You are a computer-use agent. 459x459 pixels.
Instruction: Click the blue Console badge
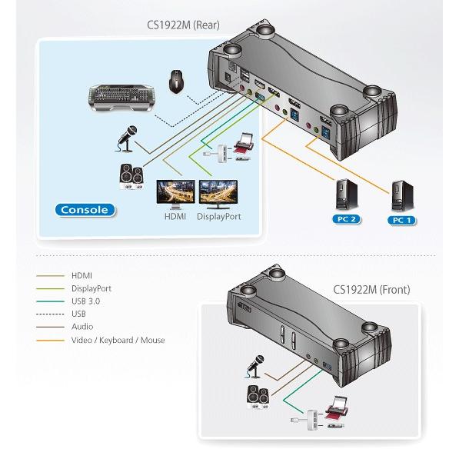[85, 210]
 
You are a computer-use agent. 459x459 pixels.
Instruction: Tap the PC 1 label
[401, 220]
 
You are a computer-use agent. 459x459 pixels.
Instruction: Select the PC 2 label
[347, 219]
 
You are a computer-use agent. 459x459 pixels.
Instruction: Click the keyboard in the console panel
[121, 98]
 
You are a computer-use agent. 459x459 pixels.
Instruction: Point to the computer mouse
[176, 81]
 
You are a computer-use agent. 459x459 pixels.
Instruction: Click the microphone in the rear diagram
[126, 138]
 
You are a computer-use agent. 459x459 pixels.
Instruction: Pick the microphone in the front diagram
[255, 366]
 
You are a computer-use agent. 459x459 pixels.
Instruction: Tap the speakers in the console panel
[131, 177]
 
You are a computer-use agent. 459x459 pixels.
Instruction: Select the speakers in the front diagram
[258, 397]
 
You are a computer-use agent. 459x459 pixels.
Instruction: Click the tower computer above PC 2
[346, 195]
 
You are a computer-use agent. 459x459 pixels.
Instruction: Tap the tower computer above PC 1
[402, 196]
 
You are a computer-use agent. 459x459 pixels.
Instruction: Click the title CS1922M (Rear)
[183, 25]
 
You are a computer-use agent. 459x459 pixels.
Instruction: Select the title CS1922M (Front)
[371, 290]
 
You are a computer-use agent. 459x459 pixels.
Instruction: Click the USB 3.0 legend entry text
[86, 301]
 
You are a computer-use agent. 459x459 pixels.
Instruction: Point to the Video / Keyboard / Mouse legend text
[118, 340]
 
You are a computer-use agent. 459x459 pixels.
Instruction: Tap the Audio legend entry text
[82, 327]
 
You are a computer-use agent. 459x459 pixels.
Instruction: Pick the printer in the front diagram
[336, 407]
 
